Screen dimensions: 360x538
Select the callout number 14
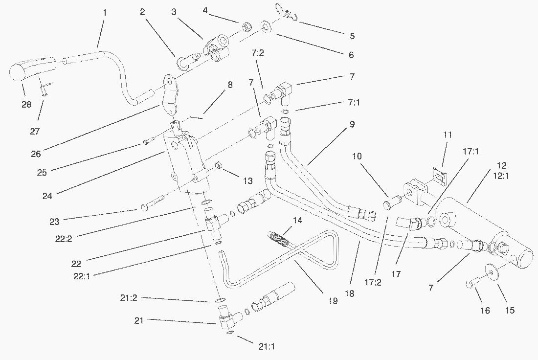298,221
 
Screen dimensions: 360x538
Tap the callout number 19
333,301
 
